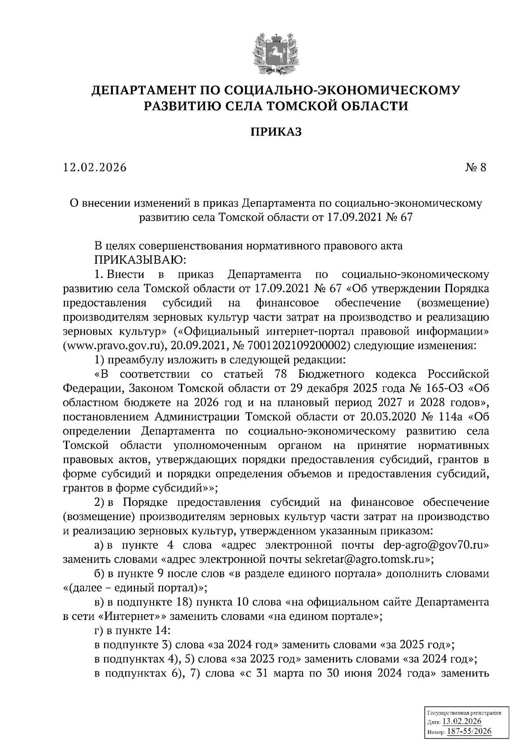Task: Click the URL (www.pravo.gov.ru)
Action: click(113, 346)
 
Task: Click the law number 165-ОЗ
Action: click(438, 389)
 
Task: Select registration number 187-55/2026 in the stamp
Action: click(469, 732)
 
